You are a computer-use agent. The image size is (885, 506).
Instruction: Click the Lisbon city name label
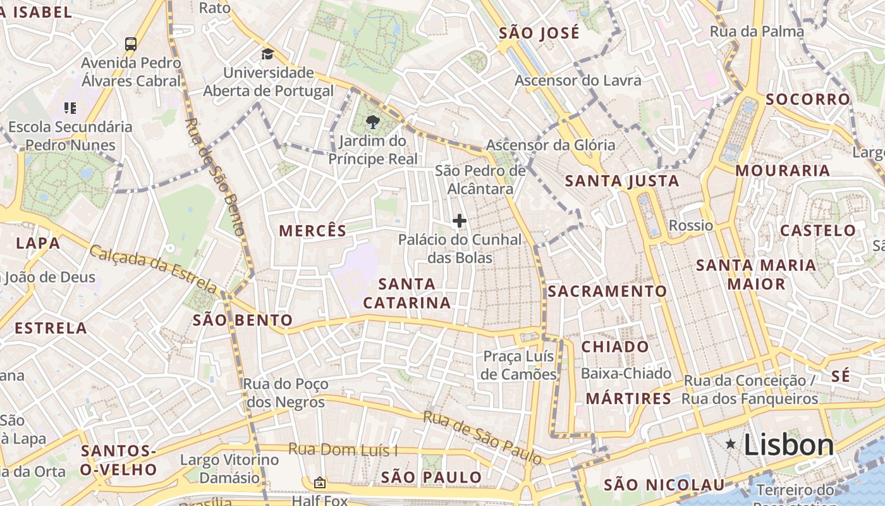click(789, 445)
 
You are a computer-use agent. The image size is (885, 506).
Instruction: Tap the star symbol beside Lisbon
click(731, 445)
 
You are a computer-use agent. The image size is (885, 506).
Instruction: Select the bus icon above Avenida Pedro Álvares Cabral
click(131, 44)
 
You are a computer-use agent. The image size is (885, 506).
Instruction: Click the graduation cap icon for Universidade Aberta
click(267, 54)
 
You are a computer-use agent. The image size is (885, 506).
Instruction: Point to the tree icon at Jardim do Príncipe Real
click(372, 121)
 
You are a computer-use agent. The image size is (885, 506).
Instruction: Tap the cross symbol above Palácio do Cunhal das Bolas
click(460, 221)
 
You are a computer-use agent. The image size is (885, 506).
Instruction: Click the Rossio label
click(690, 226)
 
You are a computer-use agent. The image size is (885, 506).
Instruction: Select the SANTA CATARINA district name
click(406, 293)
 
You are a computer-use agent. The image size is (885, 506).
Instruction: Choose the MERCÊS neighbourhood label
click(313, 231)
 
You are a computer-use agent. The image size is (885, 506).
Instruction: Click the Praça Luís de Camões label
click(518, 365)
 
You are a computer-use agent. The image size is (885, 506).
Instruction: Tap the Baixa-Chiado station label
click(626, 374)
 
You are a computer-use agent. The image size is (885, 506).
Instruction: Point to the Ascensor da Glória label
click(550, 145)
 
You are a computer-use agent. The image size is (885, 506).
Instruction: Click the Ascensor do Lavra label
click(578, 80)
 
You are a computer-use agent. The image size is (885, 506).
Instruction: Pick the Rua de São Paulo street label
click(482, 436)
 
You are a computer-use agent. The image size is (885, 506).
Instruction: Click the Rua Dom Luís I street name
click(343, 450)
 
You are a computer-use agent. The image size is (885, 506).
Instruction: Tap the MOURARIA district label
click(783, 171)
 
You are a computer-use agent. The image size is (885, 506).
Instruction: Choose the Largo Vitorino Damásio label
click(229, 469)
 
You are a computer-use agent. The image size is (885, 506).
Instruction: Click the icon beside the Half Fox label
click(320, 483)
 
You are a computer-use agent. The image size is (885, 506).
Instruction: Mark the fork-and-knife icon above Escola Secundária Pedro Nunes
click(70, 108)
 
